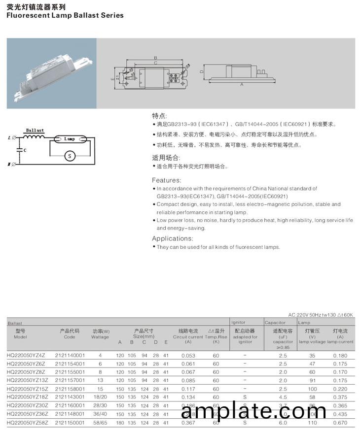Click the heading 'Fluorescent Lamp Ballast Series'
coord(65,15)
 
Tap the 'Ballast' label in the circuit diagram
coord(35,131)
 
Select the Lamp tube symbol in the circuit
coord(70,139)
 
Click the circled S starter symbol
coord(70,155)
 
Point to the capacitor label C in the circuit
coord(25,149)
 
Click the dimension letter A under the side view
coord(242,85)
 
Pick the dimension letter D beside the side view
coord(202,71)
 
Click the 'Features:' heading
coord(166,180)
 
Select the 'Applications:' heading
coord(171,238)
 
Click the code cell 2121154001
coord(70,364)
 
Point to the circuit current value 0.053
coord(188,355)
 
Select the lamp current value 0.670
coord(340,423)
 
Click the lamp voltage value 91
coord(312,380)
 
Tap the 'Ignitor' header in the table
coord(239,323)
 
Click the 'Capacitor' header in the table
coord(275,323)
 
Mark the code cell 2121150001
coord(70,423)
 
